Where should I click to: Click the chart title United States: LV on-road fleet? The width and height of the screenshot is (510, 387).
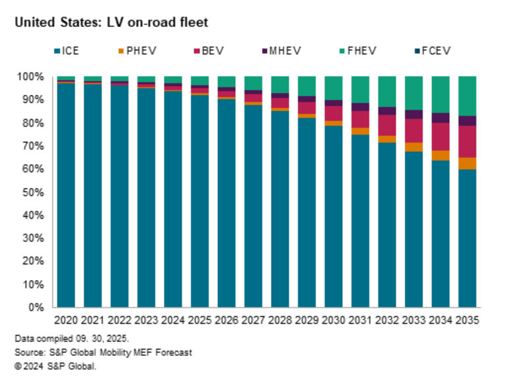pyautogui.click(x=111, y=23)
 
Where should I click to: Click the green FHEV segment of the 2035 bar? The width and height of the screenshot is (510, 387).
pyautogui.click(x=467, y=96)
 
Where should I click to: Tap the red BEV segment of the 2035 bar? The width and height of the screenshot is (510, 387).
pyautogui.click(x=467, y=141)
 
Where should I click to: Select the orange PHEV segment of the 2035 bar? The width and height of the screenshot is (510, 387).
pyautogui.click(x=467, y=163)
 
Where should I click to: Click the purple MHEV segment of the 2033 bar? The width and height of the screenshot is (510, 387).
pyautogui.click(x=414, y=114)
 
